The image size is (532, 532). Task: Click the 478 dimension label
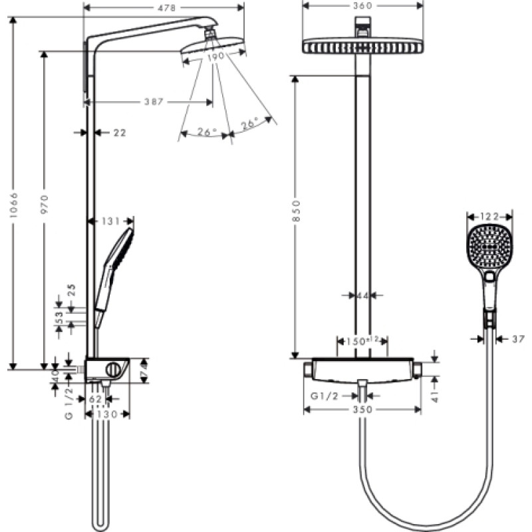(x=164, y=8)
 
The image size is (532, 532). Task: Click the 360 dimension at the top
(x=362, y=5)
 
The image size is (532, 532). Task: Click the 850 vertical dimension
(x=297, y=211)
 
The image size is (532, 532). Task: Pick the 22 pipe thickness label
(x=119, y=133)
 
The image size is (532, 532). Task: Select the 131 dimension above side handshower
(x=110, y=222)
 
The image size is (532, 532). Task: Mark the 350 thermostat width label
(x=361, y=410)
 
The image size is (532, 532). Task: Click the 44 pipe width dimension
(x=362, y=295)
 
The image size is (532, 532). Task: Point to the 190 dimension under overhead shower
(x=214, y=58)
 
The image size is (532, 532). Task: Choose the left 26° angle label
(x=207, y=132)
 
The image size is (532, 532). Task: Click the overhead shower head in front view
(x=362, y=47)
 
